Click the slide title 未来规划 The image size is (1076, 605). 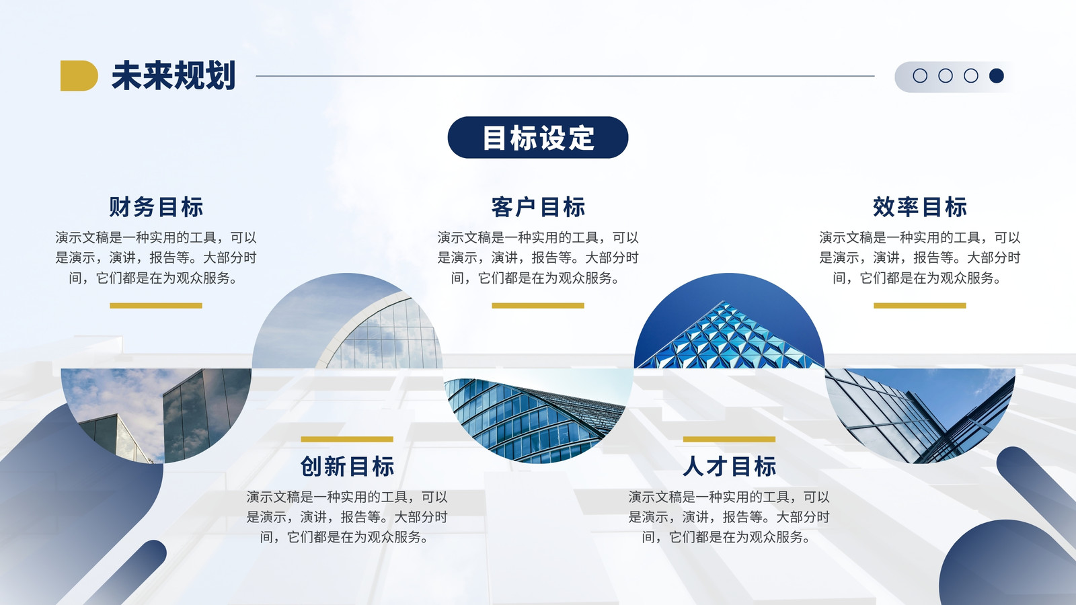pos(173,75)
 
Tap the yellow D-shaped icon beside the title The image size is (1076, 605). pos(79,75)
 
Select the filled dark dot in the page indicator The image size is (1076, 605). pos(996,75)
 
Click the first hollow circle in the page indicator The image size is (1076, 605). pos(920,75)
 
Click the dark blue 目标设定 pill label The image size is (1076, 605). pos(538,137)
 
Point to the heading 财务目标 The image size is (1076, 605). pos(156,207)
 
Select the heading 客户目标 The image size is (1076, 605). pos(538,207)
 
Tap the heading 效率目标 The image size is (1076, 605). pos(920,207)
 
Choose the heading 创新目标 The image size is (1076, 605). pos(347,467)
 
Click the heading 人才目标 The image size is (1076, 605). pos(729,467)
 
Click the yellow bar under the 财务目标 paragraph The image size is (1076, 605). pos(156,305)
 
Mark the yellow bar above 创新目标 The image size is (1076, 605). pos(347,439)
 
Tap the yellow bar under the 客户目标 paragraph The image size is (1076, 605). pos(538,305)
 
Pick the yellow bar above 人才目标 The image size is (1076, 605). pos(729,439)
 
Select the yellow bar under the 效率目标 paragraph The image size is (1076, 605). pos(920,305)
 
